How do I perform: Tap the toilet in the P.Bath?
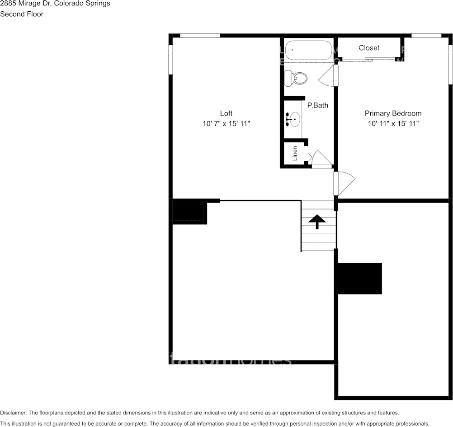(296, 78)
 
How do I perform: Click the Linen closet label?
(295, 153)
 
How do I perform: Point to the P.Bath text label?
(318, 106)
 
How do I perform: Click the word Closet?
(369, 48)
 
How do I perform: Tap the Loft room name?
(226, 113)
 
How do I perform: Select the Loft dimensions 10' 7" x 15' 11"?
(226, 123)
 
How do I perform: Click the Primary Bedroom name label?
(393, 113)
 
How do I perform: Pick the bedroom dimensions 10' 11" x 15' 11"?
(393, 123)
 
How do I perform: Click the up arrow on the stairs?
(317, 221)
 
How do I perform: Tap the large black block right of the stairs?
(360, 278)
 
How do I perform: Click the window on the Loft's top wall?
(200, 35)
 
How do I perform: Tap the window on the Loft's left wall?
(170, 59)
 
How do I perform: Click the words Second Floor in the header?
(22, 14)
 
